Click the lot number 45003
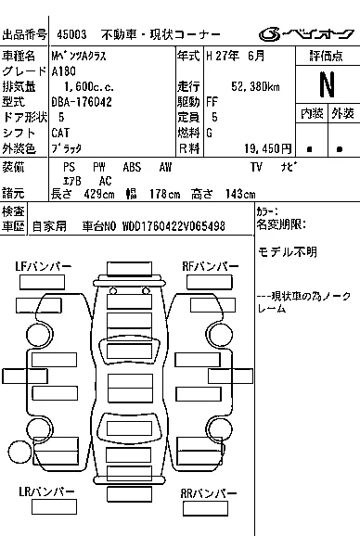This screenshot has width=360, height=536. [71, 34]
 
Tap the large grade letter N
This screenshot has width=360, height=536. [327, 84]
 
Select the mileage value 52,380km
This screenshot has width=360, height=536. [255, 86]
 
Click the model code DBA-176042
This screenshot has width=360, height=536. [82, 102]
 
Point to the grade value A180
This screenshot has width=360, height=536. [64, 71]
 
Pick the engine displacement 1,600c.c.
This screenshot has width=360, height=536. [89, 87]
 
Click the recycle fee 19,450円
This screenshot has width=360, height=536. [268, 148]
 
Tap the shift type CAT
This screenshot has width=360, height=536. [60, 133]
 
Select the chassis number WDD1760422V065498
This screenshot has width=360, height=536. [174, 226]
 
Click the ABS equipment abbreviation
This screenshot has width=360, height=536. [132, 167]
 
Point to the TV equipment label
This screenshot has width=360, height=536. [256, 167]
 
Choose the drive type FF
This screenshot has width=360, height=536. [212, 102]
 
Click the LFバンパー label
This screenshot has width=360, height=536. [43, 266]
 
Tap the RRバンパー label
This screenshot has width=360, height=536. [209, 493]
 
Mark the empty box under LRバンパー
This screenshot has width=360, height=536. [54, 506]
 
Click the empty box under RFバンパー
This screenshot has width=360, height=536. [210, 282]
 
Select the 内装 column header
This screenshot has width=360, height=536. [312, 113]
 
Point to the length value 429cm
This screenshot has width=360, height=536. [99, 194]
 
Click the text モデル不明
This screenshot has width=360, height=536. [288, 252]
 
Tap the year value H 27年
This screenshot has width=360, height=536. [223, 56]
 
